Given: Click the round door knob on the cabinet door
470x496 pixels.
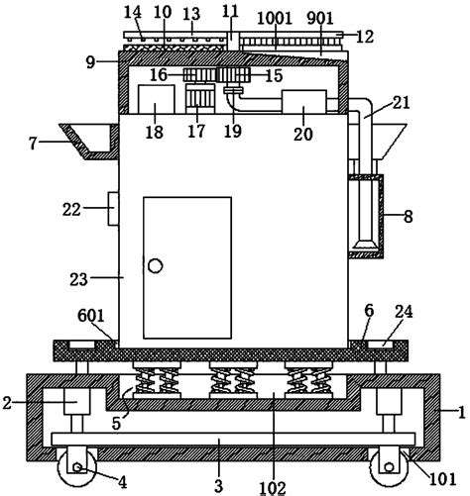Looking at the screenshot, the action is click(x=155, y=265).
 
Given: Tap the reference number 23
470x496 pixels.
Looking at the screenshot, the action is click(x=78, y=280).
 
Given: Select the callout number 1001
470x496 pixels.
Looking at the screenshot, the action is click(x=275, y=18).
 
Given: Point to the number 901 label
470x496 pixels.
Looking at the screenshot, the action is click(x=320, y=18).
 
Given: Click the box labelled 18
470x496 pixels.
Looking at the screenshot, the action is click(x=156, y=99).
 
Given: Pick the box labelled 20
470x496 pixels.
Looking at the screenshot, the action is click(x=304, y=102).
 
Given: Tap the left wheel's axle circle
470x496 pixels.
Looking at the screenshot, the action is click(x=77, y=467).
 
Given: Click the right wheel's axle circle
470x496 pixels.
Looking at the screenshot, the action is click(x=390, y=467).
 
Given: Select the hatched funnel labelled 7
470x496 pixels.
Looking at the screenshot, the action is click(x=89, y=142).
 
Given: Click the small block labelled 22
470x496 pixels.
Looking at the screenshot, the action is click(x=113, y=209).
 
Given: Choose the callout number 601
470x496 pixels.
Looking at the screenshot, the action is click(x=91, y=316).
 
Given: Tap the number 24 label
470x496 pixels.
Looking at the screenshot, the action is click(x=404, y=312).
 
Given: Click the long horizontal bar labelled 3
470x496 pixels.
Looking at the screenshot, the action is click(x=233, y=439).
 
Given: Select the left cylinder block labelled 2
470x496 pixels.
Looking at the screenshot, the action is click(x=76, y=401).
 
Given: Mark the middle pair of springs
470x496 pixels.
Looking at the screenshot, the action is click(x=233, y=380).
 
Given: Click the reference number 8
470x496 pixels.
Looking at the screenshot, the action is click(x=409, y=217).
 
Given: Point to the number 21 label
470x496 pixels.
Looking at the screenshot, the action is click(x=401, y=103).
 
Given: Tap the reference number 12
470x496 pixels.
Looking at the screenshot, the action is click(x=365, y=37).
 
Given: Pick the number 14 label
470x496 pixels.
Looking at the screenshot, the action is click(x=133, y=13).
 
